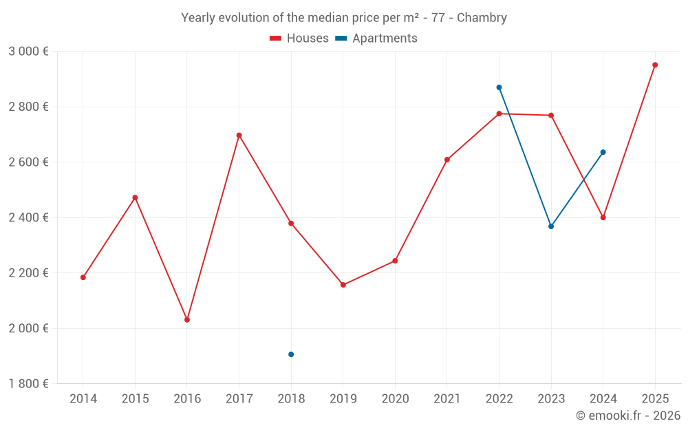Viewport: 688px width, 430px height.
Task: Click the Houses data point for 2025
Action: click(x=655, y=65)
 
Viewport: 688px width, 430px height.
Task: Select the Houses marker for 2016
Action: click(x=187, y=320)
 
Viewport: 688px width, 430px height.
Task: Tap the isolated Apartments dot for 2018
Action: click(x=291, y=354)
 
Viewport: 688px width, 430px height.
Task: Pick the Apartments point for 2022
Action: click(x=499, y=87)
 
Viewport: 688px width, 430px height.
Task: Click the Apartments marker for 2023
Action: click(x=551, y=226)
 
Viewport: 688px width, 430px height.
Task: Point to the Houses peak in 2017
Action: click(x=239, y=136)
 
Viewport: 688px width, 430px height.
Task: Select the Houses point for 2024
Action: click(x=603, y=217)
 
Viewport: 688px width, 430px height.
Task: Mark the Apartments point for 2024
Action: click(x=603, y=152)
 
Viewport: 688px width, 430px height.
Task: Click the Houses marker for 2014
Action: click(x=83, y=277)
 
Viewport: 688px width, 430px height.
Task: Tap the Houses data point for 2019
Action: click(x=343, y=285)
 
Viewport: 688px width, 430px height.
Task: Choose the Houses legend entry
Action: click(x=299, y=39)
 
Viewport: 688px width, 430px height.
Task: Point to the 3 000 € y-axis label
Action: click(x=28, y=52)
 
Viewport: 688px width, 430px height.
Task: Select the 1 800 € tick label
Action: click(x=28, y=383)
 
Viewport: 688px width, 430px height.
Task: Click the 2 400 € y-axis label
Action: click(x=28, y=217)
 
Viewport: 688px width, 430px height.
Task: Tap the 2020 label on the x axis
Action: click(x=395, y=399)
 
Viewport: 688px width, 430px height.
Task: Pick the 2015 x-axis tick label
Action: click(x=135, y=399)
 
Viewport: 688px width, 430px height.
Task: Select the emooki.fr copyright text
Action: click(x=627, y=416)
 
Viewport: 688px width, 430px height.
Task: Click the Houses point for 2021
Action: click(x=447, y=160)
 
